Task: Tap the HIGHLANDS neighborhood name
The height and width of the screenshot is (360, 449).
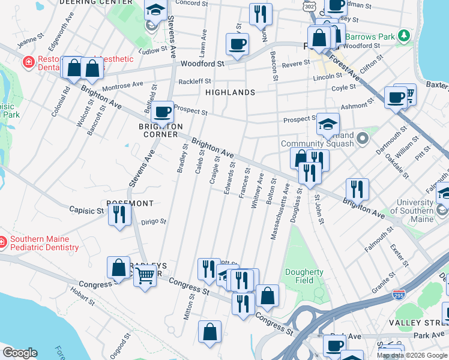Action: (230, 92)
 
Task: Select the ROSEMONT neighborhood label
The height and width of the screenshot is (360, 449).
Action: (130, 203)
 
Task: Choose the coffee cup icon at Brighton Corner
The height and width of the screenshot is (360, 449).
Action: (162, 111)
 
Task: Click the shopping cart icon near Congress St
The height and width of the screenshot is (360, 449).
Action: (145, 276)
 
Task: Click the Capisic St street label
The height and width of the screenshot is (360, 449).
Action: (86, 211)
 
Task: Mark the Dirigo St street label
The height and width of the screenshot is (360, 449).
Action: (153, 221)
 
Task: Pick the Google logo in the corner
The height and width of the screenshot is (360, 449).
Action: (20, 353)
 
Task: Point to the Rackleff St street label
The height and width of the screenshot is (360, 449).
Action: (194, 81)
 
